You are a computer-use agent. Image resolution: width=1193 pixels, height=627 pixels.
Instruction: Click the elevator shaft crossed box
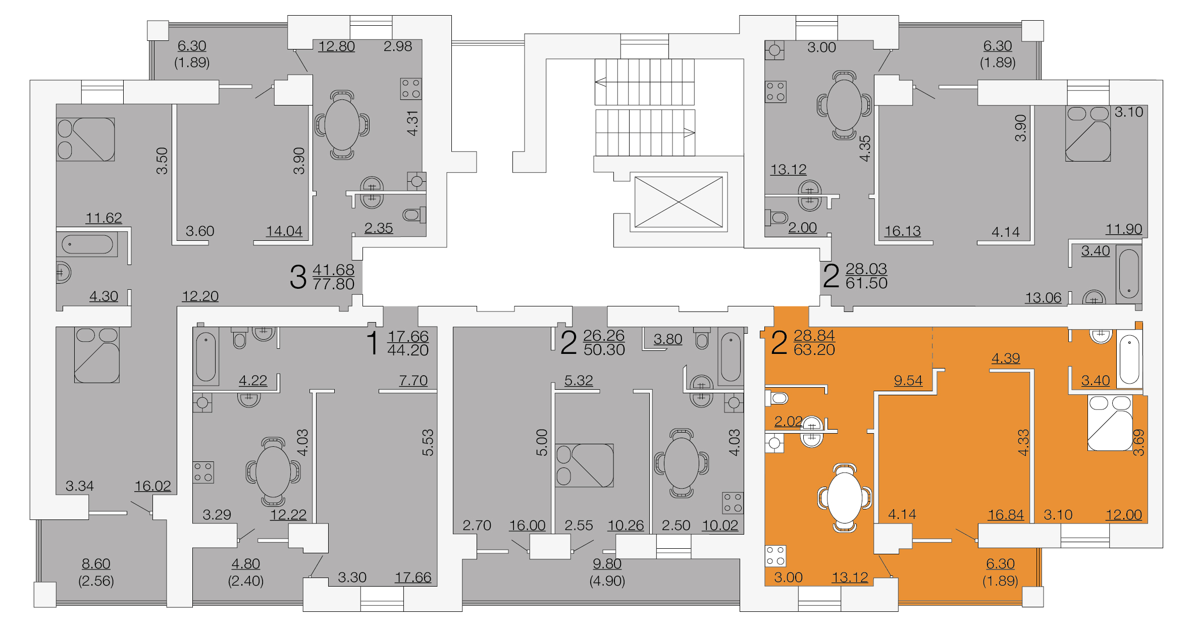tap(679, 202)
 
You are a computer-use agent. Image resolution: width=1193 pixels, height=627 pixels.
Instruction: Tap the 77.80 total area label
tap(333, 284)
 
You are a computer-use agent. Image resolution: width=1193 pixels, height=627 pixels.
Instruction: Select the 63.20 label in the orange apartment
tap(814, 349)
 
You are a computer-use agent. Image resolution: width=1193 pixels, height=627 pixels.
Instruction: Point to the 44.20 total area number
tap(407, 350)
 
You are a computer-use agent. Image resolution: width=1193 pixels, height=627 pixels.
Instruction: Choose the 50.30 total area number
tap(604, 349)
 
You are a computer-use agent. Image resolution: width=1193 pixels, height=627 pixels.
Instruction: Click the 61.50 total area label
tap(866, 283)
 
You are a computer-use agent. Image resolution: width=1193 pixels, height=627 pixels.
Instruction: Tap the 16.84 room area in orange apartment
tap(1006, 515)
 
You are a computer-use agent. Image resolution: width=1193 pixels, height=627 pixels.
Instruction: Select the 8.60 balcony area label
tap(96, 563)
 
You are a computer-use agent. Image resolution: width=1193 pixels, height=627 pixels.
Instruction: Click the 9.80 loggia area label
tap(607, 563)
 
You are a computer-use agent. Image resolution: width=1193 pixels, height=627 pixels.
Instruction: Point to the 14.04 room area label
tap(284, 231)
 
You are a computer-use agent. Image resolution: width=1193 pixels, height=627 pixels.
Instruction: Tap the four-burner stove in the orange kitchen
tap(775, 556)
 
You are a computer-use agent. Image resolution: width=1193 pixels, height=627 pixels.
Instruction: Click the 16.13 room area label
tap(902, 231)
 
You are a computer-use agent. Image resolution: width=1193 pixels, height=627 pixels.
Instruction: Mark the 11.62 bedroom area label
tap(103, 218)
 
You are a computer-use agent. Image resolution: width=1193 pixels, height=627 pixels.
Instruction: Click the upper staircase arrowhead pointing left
tap(601, 82)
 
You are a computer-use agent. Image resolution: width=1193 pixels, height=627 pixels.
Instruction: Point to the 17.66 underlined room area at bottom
tap(413, 578)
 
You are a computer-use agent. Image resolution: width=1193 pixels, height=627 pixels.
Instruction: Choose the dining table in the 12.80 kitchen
tap(342, 125)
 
